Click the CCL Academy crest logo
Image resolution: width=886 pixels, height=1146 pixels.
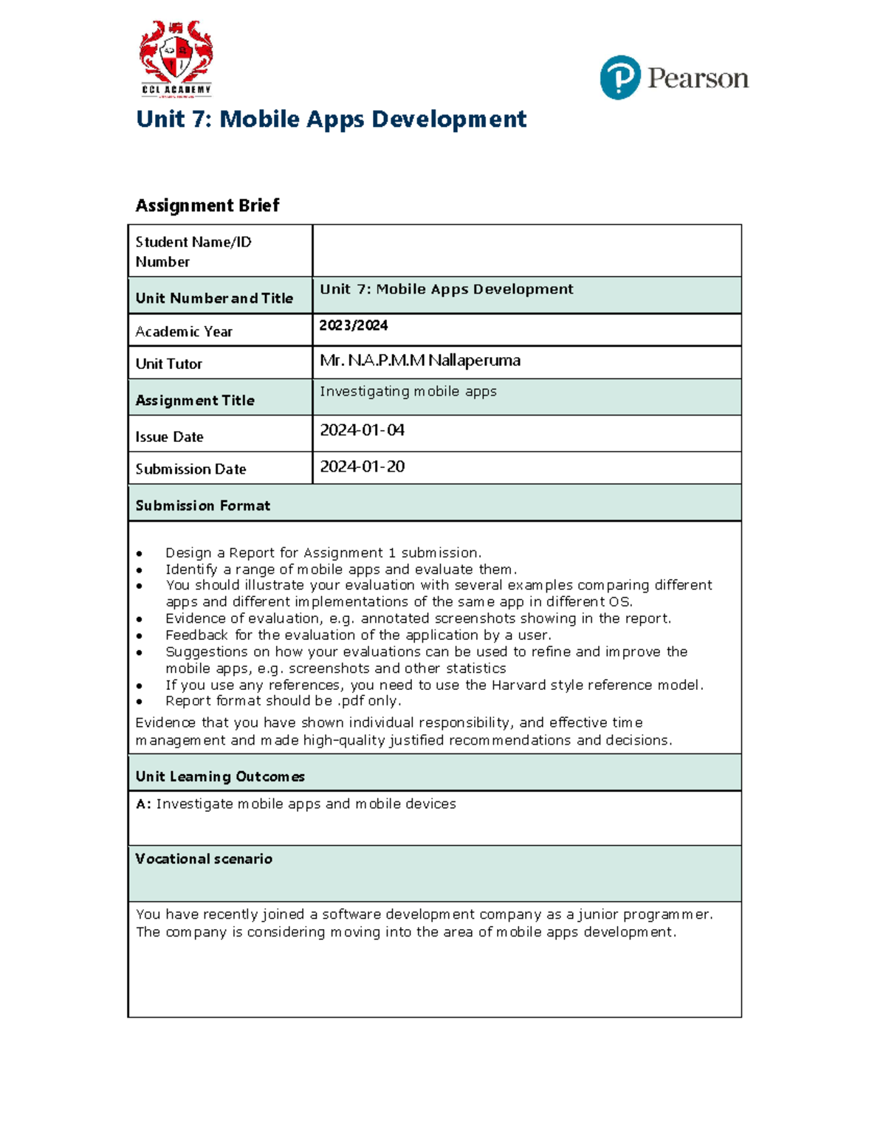[x=176, y=58]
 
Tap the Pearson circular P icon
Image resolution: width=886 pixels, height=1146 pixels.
[x=619, y=77]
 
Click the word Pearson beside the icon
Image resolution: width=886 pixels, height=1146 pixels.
[x=698, y=78]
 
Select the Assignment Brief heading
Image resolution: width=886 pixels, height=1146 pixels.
[x=207, y=205]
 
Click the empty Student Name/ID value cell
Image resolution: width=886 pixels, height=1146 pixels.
[x=526, y=251]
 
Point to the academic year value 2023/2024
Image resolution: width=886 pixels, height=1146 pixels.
[x=354, y=325]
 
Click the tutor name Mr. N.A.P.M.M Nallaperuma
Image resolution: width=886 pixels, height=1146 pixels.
[x=420, y=361]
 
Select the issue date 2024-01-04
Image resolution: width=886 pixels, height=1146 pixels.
[x=362, y=430]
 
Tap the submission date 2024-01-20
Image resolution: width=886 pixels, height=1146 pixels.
[x=362, y=466]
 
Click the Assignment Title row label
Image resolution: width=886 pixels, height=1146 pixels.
[x=195, y=400]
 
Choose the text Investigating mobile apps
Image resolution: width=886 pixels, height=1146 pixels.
[x=408, y=391]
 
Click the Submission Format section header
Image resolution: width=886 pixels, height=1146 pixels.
[x=203, y=505]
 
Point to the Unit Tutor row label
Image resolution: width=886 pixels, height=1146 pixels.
[x=169, y=364]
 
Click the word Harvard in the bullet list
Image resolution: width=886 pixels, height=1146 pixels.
[x=518, y=685]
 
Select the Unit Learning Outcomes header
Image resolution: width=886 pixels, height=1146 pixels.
[x=220, y=776]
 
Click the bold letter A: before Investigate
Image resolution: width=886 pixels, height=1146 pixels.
[x=143, y=804]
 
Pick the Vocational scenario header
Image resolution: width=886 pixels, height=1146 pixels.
[x=204, y=859]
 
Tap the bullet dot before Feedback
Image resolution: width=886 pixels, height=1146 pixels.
[x=140, y=635]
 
